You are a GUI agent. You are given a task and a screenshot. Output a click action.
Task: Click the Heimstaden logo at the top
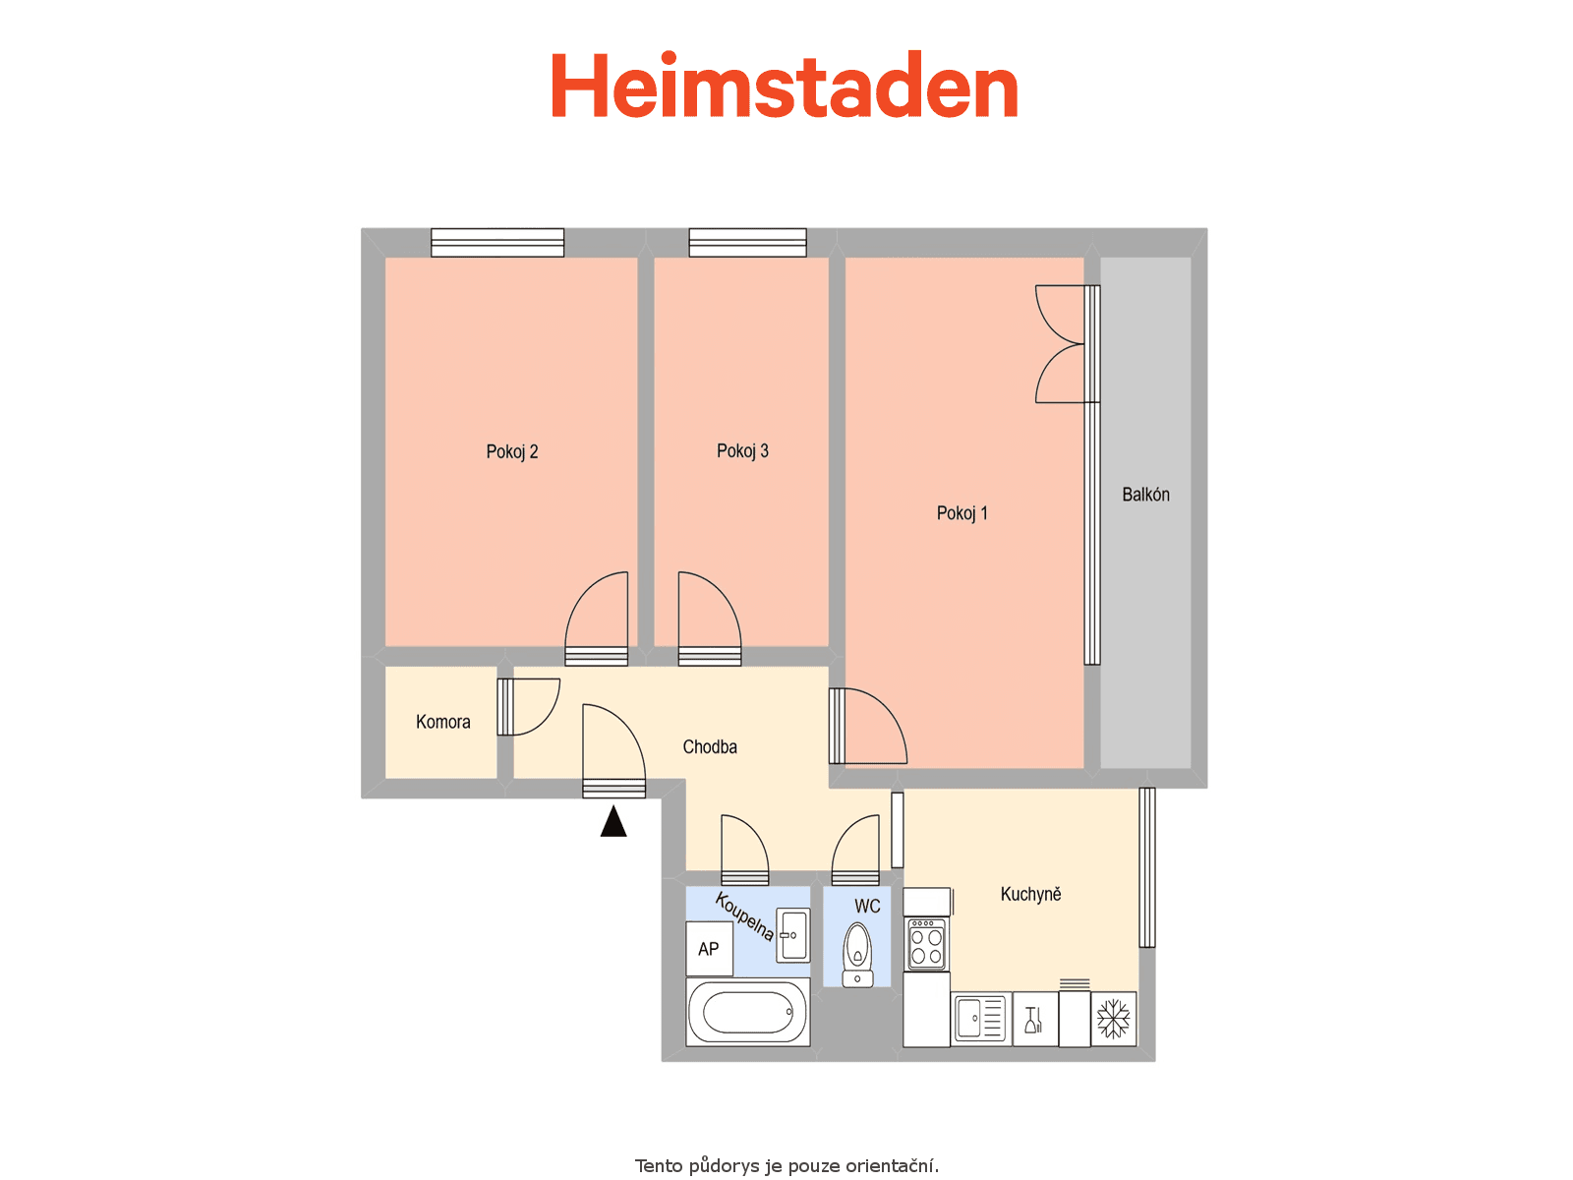[x=785, y=85]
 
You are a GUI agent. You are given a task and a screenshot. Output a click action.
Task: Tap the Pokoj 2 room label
[x=511, y=452]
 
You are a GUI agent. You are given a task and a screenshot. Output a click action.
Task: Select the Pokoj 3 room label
[x=742, y=451]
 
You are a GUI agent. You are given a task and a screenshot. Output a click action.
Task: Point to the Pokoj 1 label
[x=961, y=513]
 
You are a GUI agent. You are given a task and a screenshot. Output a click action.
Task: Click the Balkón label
[x=1145, y=495]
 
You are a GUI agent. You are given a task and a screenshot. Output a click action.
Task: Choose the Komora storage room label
[x=442, y=722]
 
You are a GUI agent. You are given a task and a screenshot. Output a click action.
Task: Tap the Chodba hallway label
[x=710, y=747]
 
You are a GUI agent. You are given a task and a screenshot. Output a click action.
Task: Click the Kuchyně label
[x=1030, y=894]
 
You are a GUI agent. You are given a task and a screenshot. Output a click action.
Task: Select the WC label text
[x=867, y=907]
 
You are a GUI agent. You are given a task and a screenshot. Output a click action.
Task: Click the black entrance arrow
[x=613, y=822]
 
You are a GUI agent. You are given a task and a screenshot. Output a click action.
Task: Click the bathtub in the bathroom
[x=747, y=1013]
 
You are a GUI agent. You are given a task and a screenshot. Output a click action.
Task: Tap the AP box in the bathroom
[x=709, y=949]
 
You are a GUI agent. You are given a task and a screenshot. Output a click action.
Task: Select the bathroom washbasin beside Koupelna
[x=793, y=935]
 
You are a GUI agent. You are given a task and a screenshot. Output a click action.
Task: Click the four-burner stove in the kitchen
[x=927, y=944]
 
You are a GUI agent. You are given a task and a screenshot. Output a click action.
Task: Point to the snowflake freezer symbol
[x=1113, y=1019]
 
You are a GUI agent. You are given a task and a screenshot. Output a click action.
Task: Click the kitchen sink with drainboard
[x=980, y=1019]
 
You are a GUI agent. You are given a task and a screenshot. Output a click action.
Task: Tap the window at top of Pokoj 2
[x=497, y=242]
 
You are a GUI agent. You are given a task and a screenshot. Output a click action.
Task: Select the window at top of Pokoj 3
[x=747, y=242]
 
